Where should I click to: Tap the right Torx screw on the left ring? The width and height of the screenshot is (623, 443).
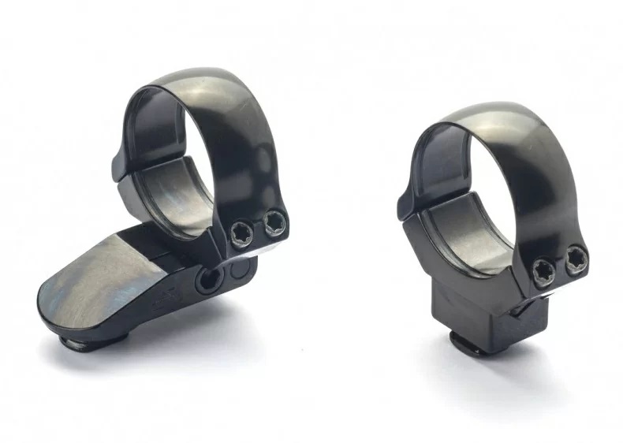pyautogui.click(x=273, y=224)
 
